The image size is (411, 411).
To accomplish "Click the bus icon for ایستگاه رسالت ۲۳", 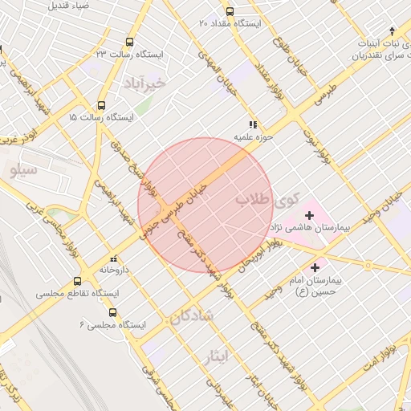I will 129,43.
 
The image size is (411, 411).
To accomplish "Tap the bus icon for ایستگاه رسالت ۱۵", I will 101,105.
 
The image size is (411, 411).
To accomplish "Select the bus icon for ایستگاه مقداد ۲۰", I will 230,11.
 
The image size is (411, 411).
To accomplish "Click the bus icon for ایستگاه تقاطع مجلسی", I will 77,282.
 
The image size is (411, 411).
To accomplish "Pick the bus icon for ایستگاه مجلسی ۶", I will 112,312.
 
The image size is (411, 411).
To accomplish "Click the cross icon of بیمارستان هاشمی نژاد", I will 309,215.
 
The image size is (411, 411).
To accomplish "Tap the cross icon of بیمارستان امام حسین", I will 315,267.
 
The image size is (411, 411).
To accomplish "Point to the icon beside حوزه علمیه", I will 253,124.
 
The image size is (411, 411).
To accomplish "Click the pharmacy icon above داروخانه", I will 112,258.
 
